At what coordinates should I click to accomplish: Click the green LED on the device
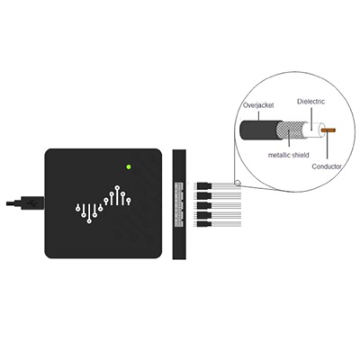129,166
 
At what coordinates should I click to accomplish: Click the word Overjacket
258,105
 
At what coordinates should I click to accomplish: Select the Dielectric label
310,102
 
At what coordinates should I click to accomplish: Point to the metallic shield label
288,155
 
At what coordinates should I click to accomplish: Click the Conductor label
327,166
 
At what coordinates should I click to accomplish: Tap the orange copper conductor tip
328,130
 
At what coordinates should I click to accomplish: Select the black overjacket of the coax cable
260,130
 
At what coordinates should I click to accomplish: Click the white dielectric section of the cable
314,130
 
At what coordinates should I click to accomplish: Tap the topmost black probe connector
204,186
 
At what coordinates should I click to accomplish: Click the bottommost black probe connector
204,224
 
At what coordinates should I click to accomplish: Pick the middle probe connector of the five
204,205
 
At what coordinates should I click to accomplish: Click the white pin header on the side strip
178,204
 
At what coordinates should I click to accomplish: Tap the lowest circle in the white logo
89,221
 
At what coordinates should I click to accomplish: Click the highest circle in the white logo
117,187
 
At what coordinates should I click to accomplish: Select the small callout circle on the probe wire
238,183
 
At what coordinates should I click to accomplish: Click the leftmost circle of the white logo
78,208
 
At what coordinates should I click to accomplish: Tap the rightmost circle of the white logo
129,199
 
